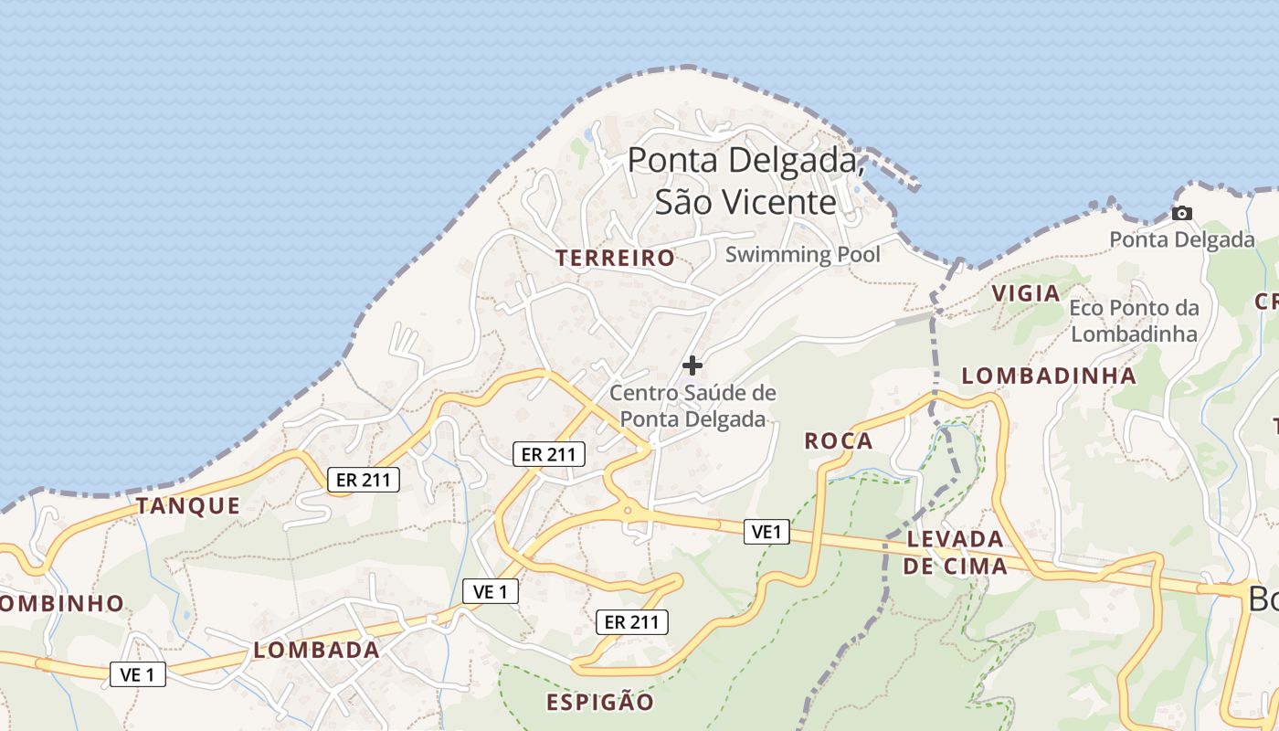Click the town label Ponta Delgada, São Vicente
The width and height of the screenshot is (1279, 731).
click(745, 181)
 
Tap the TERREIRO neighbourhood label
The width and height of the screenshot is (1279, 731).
click(616, 259)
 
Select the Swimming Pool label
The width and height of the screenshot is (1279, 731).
click(803, 254)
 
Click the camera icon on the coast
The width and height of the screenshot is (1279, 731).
click(1182, 213)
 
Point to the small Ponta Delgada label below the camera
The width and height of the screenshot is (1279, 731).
click(1182, 239)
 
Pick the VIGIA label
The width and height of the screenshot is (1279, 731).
click(1026, 293)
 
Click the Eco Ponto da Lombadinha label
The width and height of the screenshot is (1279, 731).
click(1134, 321)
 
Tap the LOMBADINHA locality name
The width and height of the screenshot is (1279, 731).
click(1049, 376)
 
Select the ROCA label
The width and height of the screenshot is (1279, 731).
click(839, 441)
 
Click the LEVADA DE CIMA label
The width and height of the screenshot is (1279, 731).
click(956, 553)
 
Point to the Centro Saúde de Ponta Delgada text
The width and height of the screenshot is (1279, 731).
click(692, 407)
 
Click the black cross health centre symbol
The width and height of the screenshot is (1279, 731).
click(692, 365)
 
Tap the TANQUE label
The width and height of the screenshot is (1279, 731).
click(188, 505)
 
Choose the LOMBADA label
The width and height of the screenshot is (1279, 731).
click(316, 651)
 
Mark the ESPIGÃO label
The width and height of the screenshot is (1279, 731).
click(600, 702)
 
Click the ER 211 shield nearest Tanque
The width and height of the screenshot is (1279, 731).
click(364, 479)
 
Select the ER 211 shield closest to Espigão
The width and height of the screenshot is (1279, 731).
click(632, 622)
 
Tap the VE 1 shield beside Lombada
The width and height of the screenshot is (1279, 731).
click(138, 674)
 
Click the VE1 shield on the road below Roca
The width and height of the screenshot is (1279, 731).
click(766, 531)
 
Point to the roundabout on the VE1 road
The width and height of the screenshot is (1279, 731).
click(628, 510)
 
